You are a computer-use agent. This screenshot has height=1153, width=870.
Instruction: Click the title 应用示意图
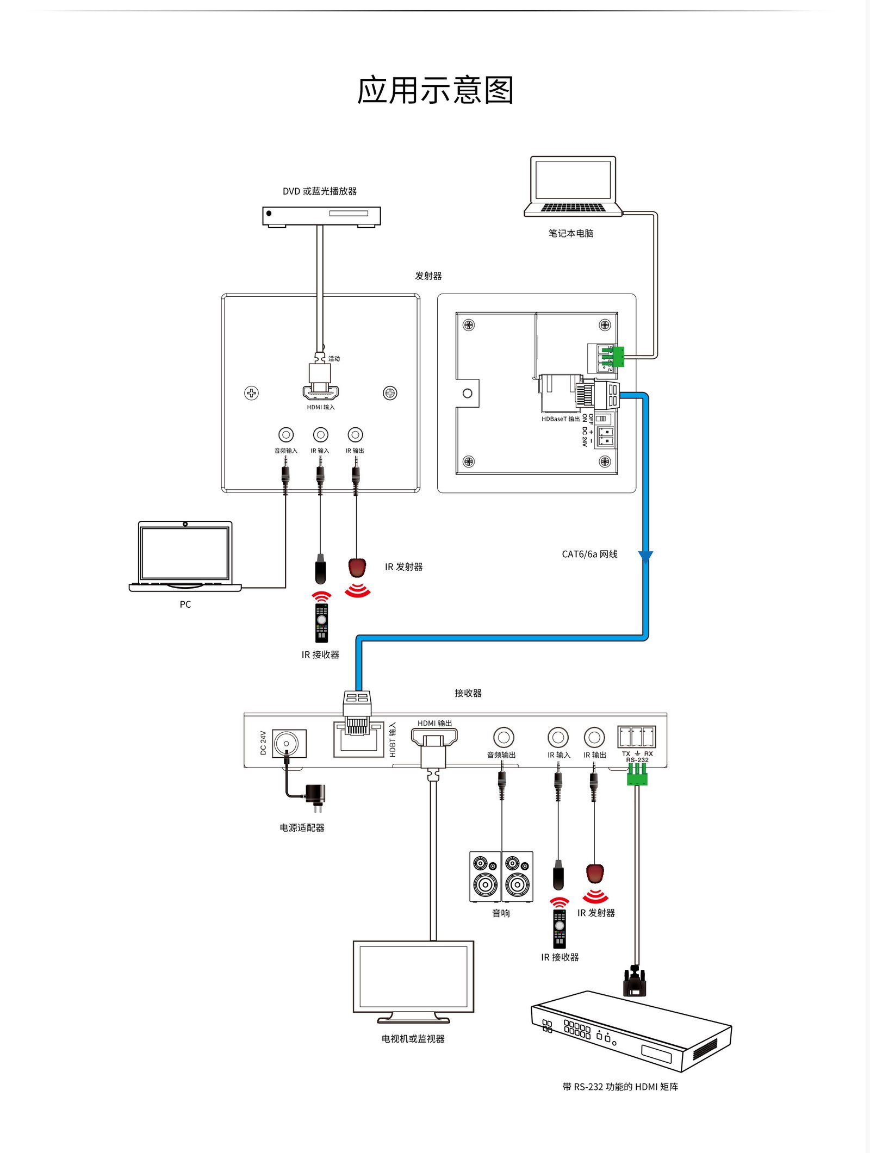coord(435,90)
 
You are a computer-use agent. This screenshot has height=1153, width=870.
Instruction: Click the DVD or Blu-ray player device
coord(321,216)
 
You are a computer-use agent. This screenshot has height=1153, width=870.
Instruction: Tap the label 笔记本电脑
coord(570,233)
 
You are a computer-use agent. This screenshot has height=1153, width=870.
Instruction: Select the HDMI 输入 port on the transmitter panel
coord(321,392)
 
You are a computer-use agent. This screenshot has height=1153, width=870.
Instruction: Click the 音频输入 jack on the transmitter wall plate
coord(286,435)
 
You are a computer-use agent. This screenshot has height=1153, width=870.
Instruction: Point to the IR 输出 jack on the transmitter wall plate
coord(355,435)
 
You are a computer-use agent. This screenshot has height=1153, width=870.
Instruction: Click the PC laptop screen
coord(185,553)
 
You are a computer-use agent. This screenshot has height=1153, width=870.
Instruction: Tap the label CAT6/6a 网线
coord(589,554)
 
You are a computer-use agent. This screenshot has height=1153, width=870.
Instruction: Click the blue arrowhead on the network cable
coord(645,557)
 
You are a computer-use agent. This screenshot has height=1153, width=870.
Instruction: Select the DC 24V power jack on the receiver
coord(287,743)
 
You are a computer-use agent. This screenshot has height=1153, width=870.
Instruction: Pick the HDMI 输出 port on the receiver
coord(434,738)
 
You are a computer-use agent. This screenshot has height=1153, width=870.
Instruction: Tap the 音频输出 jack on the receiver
coord(504,738)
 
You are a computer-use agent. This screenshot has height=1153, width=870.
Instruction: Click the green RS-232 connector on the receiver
coord(637,775)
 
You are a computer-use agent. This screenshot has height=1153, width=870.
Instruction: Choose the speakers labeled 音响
coord(501,876)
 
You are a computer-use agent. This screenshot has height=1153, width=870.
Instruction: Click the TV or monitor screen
coord(413,976)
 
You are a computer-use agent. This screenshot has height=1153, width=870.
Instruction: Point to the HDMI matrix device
coord(631,1031)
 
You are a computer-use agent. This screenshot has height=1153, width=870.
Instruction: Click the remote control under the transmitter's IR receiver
coord(322,623)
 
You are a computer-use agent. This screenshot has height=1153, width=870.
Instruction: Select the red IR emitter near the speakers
coord(595,874)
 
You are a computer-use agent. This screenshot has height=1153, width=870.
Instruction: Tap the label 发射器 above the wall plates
coord(428,276)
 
